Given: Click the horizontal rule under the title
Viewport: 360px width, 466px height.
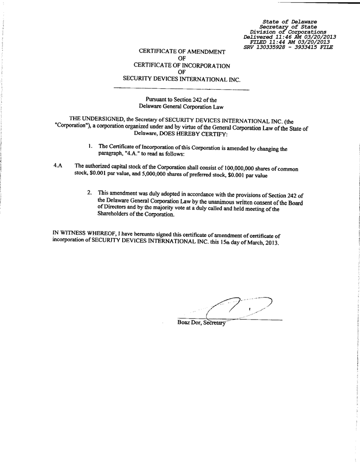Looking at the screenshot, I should tap(181, 90).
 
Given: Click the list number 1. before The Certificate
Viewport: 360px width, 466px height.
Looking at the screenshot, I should tap(90, 146).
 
